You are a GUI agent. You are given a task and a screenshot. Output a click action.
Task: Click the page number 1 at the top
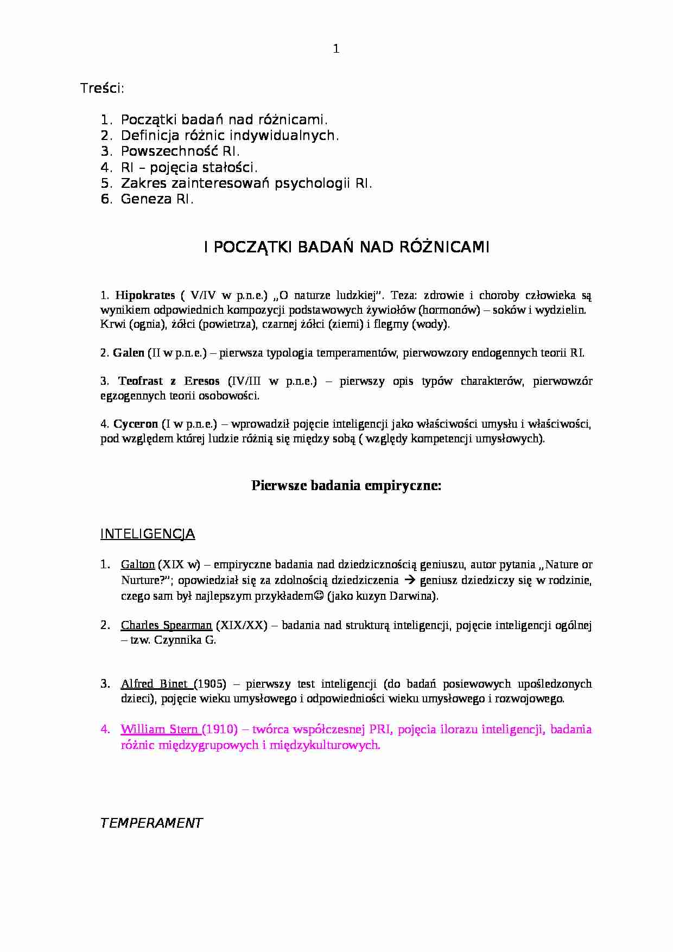pyautogui.click(x=336, y=49)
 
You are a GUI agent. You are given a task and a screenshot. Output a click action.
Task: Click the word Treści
pyautogui.click(x=102, y=88)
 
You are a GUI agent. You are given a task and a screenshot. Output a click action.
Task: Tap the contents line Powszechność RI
pyautogui.click(x=180, y=151)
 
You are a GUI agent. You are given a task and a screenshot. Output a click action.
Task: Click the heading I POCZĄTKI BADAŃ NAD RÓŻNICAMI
pyautogui.click(x=347, y=247)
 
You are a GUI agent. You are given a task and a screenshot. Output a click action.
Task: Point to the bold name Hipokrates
pyautogui.click(x=145, y=295)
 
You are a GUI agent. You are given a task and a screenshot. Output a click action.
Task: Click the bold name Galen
pyautogui.click(x=129, y=353)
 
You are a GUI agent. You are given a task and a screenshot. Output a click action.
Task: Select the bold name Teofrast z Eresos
pyautogui.click(x=169, y=381)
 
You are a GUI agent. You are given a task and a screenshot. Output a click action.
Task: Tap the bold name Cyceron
pyautogui.click(x=136, y=423)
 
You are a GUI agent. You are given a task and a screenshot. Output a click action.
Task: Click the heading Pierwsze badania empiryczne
pyautogui.click(x=346, y=486)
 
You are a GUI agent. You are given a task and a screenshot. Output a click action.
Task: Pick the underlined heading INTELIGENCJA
pyautogui.click(x=148, y=534)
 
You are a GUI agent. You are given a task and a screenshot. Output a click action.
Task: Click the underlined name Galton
pyautogui.click(x=138, y=564)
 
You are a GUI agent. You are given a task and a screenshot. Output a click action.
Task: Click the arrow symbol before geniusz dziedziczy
pyautogui.click(x=410, y=580)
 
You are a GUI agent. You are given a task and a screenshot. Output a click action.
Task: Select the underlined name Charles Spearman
pyautogui.click(x=166, y=625)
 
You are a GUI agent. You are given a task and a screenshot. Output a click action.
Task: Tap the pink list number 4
pyautogui.click(x=105, y=729)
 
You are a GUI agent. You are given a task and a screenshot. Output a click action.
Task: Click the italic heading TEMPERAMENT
pyautogui.click(x=151, y=823)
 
